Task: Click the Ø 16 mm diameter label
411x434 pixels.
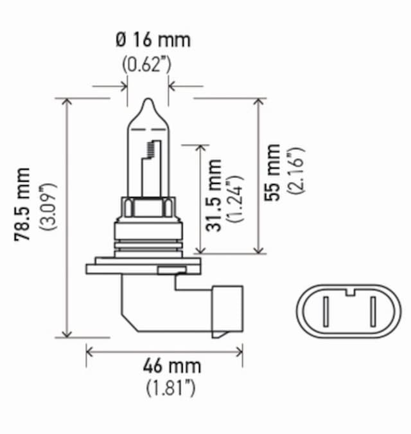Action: tap(153, 40)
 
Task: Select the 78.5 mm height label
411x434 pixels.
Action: tap(22, 204)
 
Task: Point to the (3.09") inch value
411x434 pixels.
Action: tap(48, 206)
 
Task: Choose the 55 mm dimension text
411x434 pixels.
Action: tap(274, 172)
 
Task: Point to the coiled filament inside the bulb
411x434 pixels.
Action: tap(152, 149)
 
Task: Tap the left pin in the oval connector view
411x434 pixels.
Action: tap(326, 313)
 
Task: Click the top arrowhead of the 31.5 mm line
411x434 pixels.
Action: tap(202, 147)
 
